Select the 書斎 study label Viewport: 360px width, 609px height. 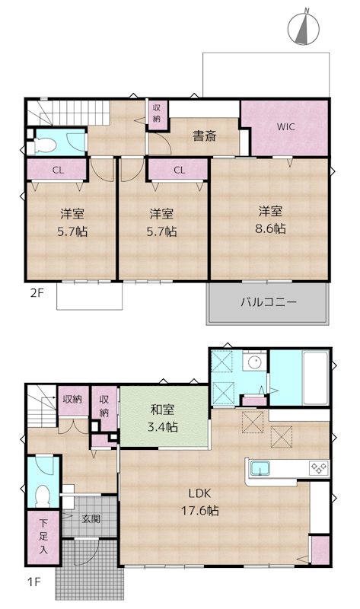(203, 137)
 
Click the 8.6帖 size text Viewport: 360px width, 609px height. (271, 228)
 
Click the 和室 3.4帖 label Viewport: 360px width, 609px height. (163, 419)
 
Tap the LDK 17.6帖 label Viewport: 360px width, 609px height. (199, 502)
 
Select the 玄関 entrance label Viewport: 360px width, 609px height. (91, 519)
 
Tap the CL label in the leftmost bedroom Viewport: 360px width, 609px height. (58, 171)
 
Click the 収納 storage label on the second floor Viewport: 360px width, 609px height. (156, 113)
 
